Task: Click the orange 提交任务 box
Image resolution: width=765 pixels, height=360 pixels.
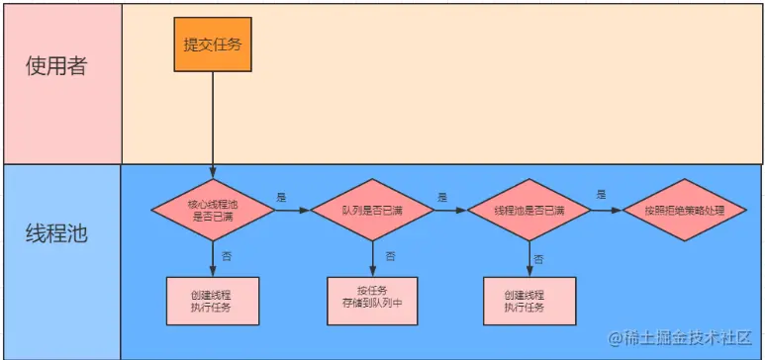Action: (x=212, y=44)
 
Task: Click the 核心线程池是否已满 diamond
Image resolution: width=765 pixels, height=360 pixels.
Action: (x=213, y=211)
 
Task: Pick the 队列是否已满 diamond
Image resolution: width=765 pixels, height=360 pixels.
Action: (x=372, y=211)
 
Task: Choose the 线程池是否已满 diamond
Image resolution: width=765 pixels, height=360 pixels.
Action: (x=529, y=211)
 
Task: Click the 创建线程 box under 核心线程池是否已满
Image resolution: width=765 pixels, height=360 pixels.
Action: (x=213, y=301)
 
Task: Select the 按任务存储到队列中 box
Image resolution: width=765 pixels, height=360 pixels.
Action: (x=371, y=301)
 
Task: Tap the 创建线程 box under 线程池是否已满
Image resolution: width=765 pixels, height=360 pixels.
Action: (x=529, y=301)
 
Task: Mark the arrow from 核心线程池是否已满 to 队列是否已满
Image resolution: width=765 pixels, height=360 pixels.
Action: (x=293, y=211)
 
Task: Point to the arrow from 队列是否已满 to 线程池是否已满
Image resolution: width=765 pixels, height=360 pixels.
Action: (x=450, y=211)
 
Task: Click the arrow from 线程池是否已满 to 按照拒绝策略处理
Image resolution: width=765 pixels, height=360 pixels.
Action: (x=607, y=211)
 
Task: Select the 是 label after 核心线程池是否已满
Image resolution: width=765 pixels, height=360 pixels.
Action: (x=281, y=197)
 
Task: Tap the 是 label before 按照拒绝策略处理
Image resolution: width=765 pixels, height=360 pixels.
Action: (x=600, y=195)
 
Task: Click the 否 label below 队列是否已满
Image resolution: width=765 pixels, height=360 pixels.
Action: (x=390, y=256)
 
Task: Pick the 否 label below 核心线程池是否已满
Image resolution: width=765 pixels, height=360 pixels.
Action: (x=229, y=256)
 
